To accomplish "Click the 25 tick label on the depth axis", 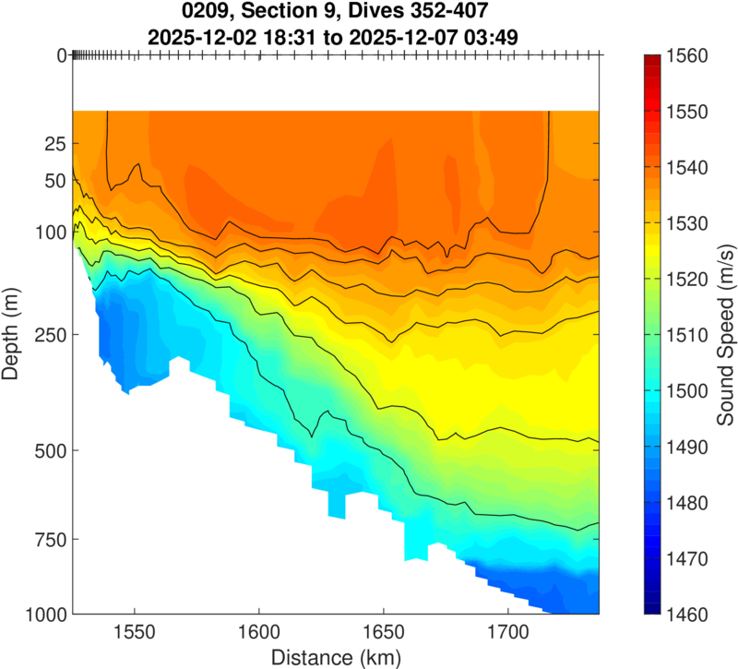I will click(x=54, y=144).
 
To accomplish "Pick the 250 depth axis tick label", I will click(x=49, y=335).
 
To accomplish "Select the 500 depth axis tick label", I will click(x=49, y=451).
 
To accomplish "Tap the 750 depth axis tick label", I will click(x=49, y=539).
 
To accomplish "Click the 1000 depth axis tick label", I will click(x=43, y=614).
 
